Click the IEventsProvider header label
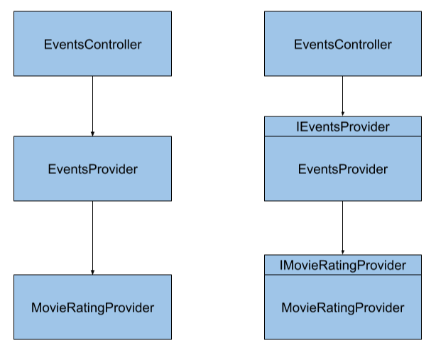[x=342, y=127]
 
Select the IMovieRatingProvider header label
[x=342, y=266]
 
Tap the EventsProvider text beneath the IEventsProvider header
[x=342, y=169]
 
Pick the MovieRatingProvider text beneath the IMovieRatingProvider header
[x=342, y=307]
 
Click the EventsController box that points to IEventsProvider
[x=342, y=44]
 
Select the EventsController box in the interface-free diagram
[x=92, y=44]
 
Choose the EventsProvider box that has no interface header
[x=92, y=169]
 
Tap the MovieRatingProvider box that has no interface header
[x=92, y=307]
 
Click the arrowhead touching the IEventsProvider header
[x=343, y=114]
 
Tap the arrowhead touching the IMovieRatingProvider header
[x=343, y=252]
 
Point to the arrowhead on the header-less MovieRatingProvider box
[x=92, y=272]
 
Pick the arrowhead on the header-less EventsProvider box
[x=92, y=133]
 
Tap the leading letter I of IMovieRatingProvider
[x=281, y=266]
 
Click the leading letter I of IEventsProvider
[x=298, y=127]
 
